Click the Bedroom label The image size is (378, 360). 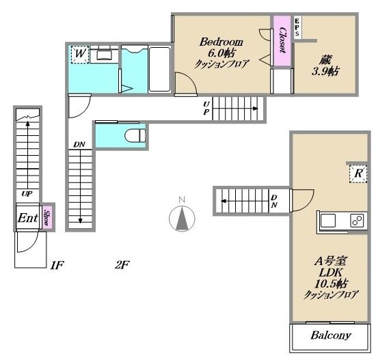221,42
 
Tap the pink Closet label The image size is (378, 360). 282,40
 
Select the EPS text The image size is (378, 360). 297,27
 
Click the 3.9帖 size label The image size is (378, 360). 325,71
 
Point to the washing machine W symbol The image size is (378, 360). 80,54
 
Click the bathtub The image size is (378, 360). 159,69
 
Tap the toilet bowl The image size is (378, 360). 135,136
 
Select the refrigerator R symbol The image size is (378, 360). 358,174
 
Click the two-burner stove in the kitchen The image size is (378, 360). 357,221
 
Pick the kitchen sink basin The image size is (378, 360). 328,221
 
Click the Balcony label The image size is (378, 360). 331,335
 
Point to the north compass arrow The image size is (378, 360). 182,219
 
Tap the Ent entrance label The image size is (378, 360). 28,218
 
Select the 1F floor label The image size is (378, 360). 57,265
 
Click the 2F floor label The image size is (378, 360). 122,265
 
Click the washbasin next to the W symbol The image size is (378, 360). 104,55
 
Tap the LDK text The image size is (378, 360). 331,273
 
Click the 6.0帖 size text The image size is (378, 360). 221,53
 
